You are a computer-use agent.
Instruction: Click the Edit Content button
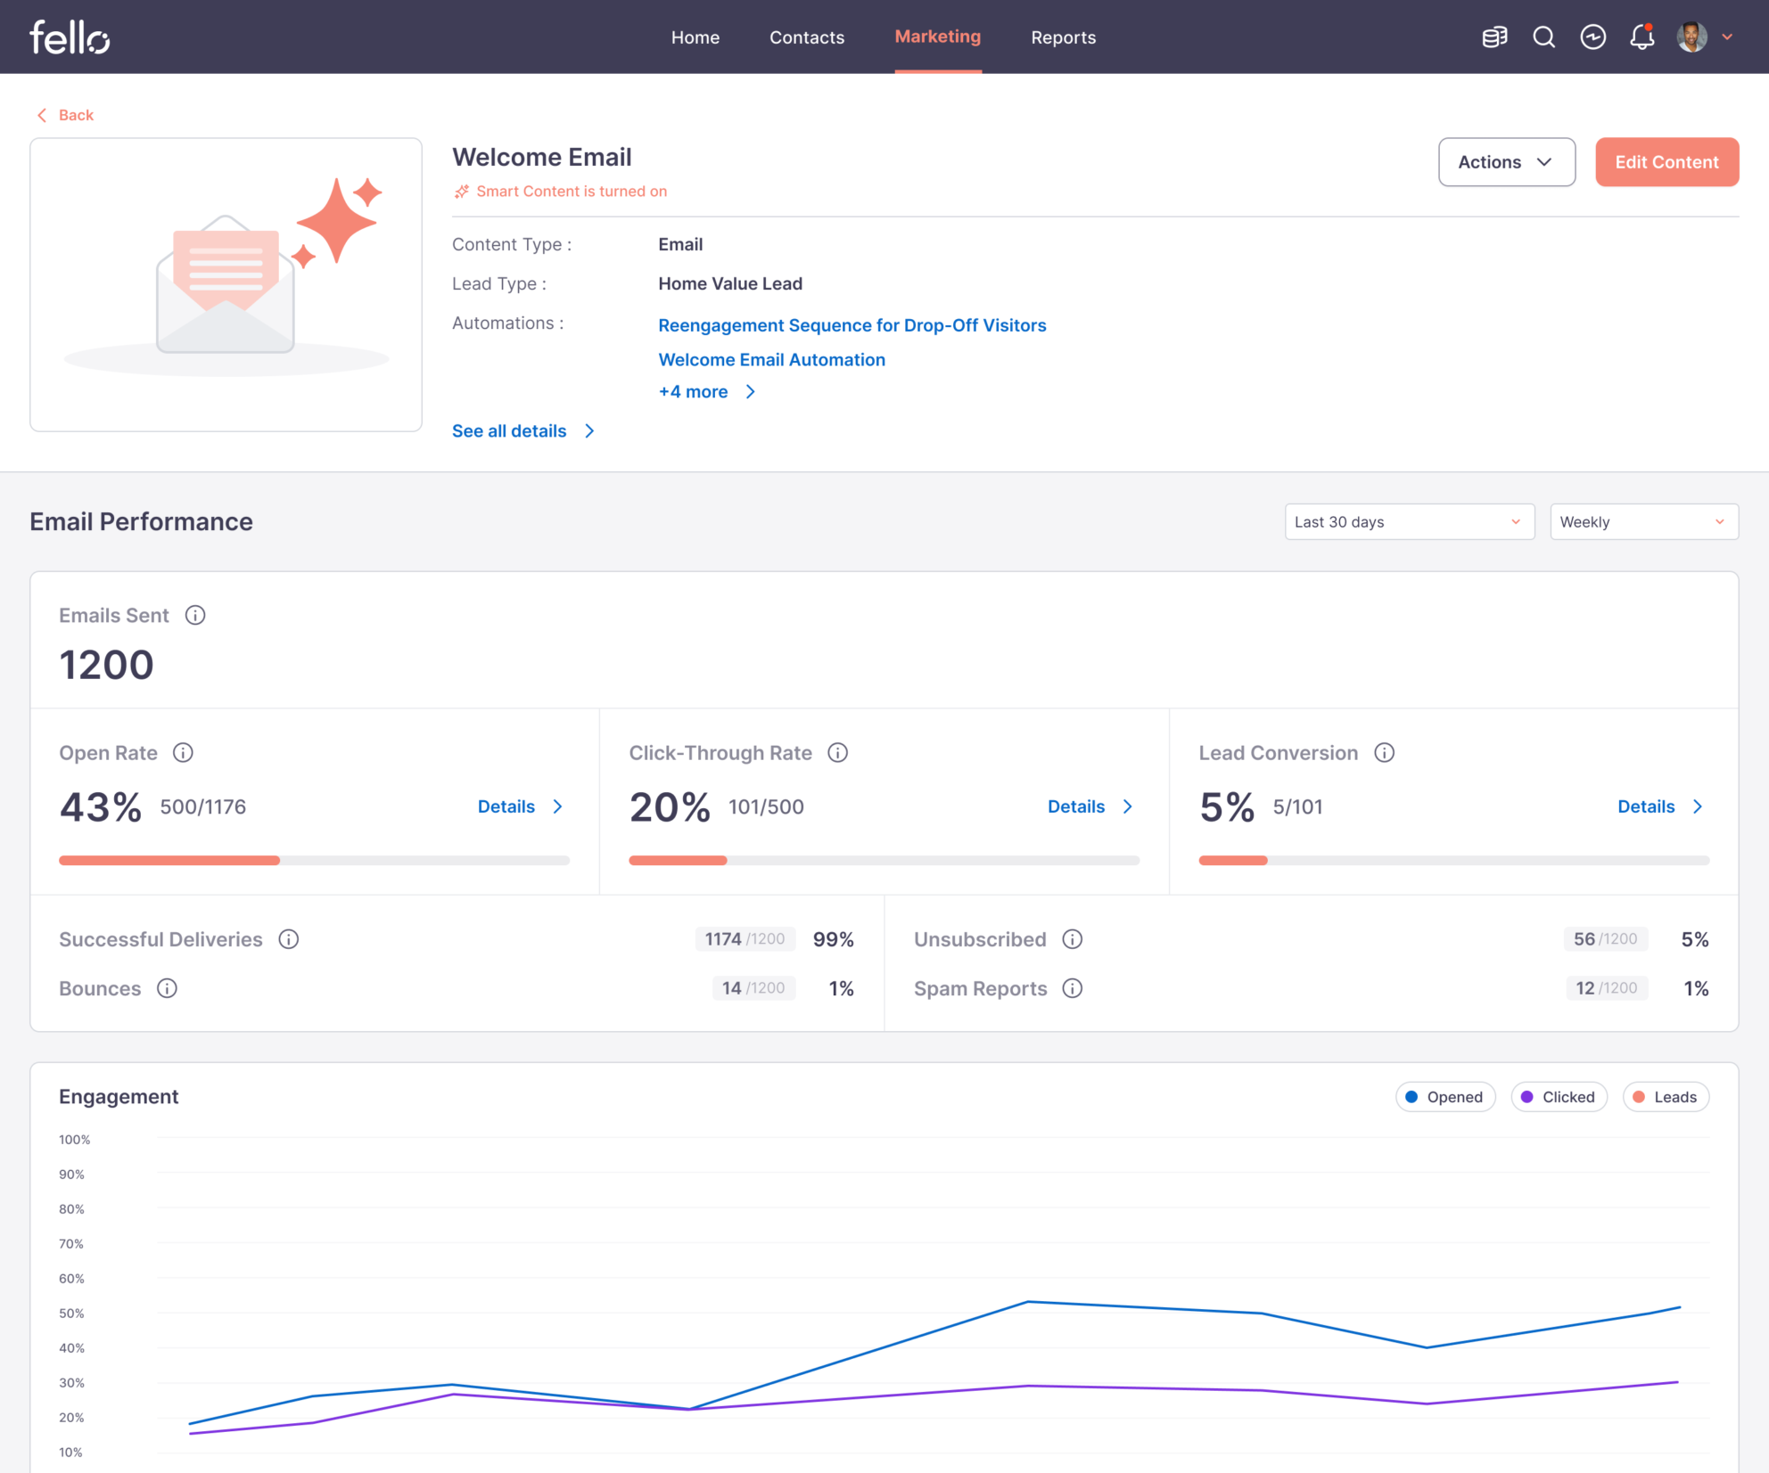click(1666, 162)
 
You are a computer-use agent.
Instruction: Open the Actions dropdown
click(1506, 162)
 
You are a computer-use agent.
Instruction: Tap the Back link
click(66, 115)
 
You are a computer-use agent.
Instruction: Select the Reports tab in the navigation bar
click(1063, 37)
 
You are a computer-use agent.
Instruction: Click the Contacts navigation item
click(806, 37)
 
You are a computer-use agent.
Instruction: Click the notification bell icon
click(1641, 37)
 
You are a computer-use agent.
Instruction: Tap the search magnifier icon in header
click(1543, 37)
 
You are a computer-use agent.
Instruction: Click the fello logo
click(70, 37)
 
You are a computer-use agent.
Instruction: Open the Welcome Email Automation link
click(771, 360)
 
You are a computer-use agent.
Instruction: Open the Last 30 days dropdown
click(1409, 522)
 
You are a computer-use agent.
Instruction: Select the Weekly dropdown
click(1643, 522)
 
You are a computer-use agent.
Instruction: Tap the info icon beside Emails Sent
click(195, 616)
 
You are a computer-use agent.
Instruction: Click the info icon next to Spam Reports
click(1073, 988)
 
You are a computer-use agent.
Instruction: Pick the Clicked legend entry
click(1559, 1097)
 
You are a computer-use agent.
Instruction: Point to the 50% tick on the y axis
click(71, 1313)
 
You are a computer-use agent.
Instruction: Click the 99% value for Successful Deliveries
click(833, 939)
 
